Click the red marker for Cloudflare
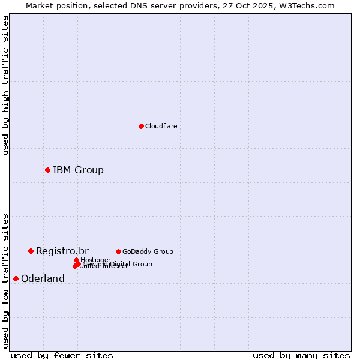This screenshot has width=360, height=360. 141,126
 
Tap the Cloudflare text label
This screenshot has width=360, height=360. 161,126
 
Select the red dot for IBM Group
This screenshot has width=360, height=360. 47,170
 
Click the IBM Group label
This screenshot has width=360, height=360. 78,170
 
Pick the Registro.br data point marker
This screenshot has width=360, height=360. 31,251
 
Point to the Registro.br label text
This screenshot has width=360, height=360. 62,251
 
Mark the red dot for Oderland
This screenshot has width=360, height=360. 16,278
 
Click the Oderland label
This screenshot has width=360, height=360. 43,278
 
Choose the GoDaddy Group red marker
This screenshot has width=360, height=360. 118,251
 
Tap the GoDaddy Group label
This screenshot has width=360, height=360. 147,251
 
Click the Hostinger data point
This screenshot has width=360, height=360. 76,260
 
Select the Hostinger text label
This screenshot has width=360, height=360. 95,260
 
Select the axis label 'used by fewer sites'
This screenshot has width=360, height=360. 62,355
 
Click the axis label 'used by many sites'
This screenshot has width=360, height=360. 301,355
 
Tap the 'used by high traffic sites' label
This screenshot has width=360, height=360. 5,85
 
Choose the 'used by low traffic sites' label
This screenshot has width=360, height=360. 5,281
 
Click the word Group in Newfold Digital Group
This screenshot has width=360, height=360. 142,264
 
